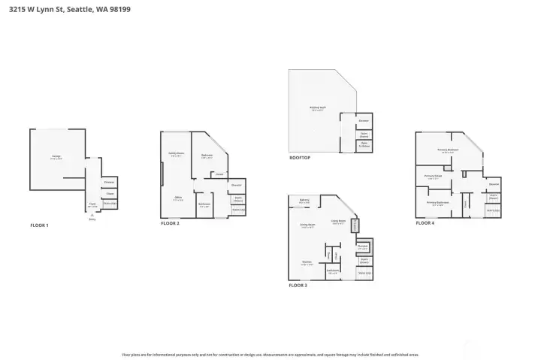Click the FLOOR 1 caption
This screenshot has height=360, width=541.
coord(39,225)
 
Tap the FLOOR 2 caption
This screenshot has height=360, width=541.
coord(170,223)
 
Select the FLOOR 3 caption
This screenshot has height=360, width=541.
coord(298,286)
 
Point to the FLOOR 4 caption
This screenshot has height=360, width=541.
coord(426,223)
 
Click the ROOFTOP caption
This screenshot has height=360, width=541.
coord(300,158)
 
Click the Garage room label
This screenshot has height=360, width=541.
coord(56,156)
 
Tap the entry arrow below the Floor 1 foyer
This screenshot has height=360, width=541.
coord(92,215)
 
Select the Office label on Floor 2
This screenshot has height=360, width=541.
coord(177,199)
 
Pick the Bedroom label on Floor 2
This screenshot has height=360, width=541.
coord(207,156)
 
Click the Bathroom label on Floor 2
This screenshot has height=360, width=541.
coord(204,204)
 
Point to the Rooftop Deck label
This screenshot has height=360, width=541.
coord(318,108)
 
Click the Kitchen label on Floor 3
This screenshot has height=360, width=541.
coord(307,263)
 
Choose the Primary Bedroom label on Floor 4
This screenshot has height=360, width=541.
coord(448,150)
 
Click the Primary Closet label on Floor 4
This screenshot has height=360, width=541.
coord(432,177)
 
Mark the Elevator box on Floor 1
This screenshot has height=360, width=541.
coord(109,182)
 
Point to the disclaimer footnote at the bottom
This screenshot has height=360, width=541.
coord(270,353)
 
